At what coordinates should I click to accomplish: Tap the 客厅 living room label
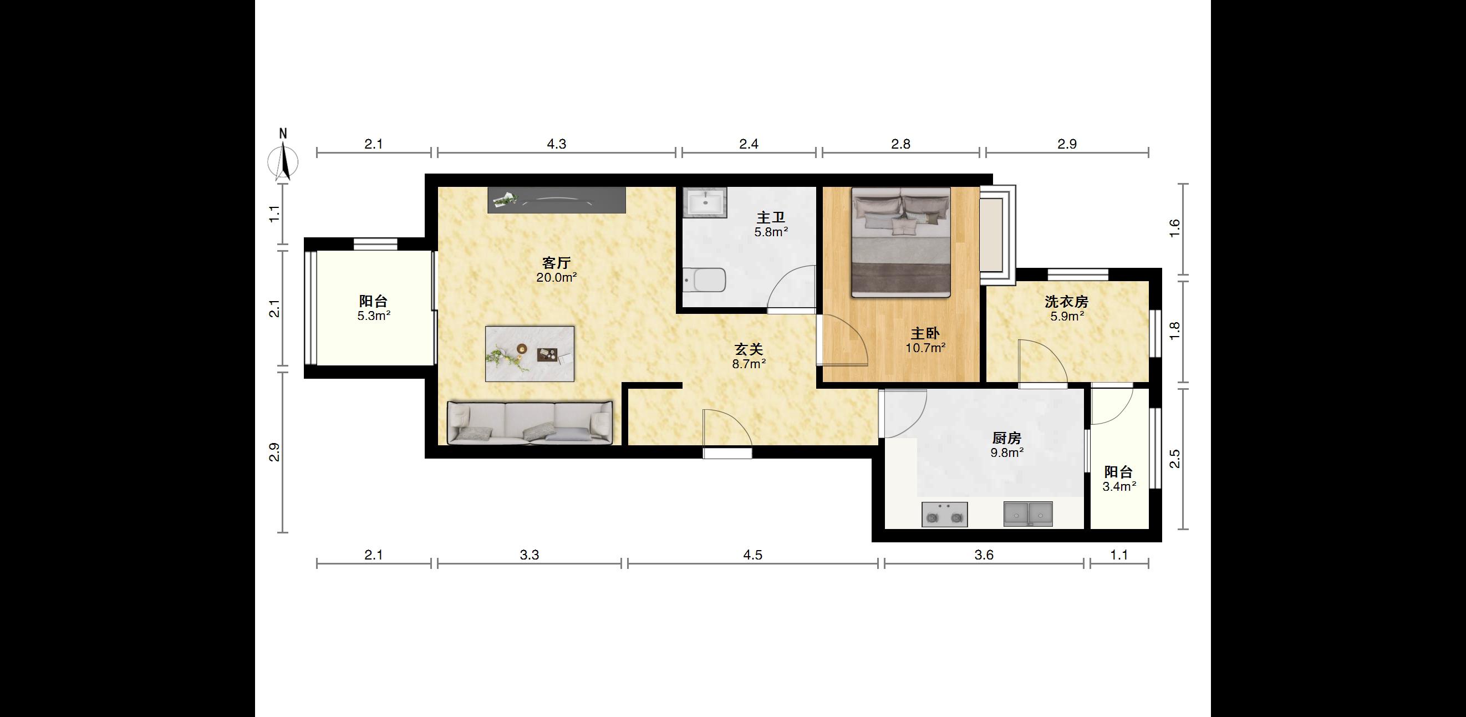[x=556, y=263]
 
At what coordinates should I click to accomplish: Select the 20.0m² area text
[x=557, y=278]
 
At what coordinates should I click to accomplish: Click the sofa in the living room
[x=530, y=422]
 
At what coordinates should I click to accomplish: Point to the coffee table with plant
[x=530, y=353]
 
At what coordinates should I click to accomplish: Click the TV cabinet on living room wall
[x=557, y=200]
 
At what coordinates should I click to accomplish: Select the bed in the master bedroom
[x=901, y=242]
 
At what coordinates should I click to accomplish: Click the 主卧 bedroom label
[x=925, y=333]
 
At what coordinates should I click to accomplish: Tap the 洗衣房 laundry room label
[x=1066, y=302]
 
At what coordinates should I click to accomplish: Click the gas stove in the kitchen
[x=945, y=515]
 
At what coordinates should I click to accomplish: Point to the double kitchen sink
[x=1028, y=514]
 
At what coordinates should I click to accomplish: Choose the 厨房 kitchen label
[x=1007, y=438]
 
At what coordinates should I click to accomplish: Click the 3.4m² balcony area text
[x=1119, y=486]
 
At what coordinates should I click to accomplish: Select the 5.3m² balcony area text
[x=374, y=316]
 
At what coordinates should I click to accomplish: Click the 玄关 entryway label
[x=749, y=349]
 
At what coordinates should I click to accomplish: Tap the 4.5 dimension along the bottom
[x=752, y=555]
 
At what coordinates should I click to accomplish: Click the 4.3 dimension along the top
[x=557, y=145]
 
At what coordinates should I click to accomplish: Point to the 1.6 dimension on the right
[x=1174, y=228]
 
